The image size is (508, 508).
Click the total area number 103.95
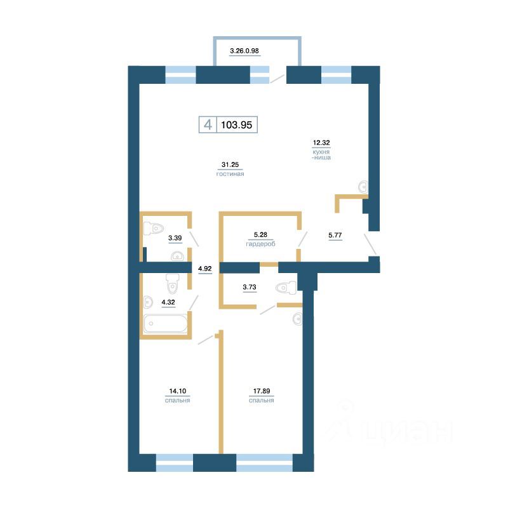click(237, 125)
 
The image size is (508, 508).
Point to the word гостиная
click(230, 173)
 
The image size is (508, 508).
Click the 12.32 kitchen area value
click(321, 143)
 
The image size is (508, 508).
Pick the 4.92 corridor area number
click(204, 269)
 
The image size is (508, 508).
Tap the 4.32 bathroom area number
click(168, 302)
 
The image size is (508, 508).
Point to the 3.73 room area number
click(251, 287)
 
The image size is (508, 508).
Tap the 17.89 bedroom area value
click(261, 391)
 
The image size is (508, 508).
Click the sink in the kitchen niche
click(363, 187)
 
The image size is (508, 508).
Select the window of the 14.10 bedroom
click(174, 462)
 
